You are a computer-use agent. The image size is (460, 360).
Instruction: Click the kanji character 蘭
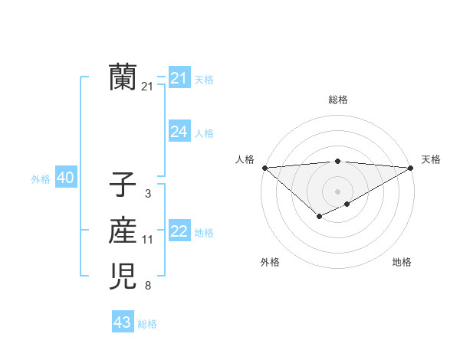(123, 77)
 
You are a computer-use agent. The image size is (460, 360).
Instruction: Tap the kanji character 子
(123, 185)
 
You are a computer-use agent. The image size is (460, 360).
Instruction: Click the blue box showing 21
(179, 78)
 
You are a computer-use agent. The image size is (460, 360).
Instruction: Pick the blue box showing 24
(179, 132)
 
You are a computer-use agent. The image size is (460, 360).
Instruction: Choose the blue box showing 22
(179, 231)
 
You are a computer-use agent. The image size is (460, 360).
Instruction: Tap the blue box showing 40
(65, 178)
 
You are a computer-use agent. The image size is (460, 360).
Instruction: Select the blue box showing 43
(123, 322)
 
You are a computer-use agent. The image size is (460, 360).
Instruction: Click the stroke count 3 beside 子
(147, 194)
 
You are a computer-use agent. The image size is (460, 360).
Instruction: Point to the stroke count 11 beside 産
(147, 240)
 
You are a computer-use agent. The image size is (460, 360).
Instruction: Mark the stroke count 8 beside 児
(147, 286)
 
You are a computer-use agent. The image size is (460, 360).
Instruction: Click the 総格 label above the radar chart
(338, 100)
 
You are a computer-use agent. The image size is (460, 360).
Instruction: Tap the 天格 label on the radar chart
(431, 159)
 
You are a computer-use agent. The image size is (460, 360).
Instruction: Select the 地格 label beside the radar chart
(402, 262)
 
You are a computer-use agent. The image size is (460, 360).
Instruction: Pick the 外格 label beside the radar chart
(270, 262)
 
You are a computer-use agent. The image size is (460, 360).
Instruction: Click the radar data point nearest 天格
(411, 168)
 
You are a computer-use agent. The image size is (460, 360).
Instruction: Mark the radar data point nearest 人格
(264, 168)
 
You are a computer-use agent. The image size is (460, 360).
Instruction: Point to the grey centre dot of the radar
(337, 191)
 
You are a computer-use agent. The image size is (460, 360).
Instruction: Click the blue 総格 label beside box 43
(147, 323)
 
